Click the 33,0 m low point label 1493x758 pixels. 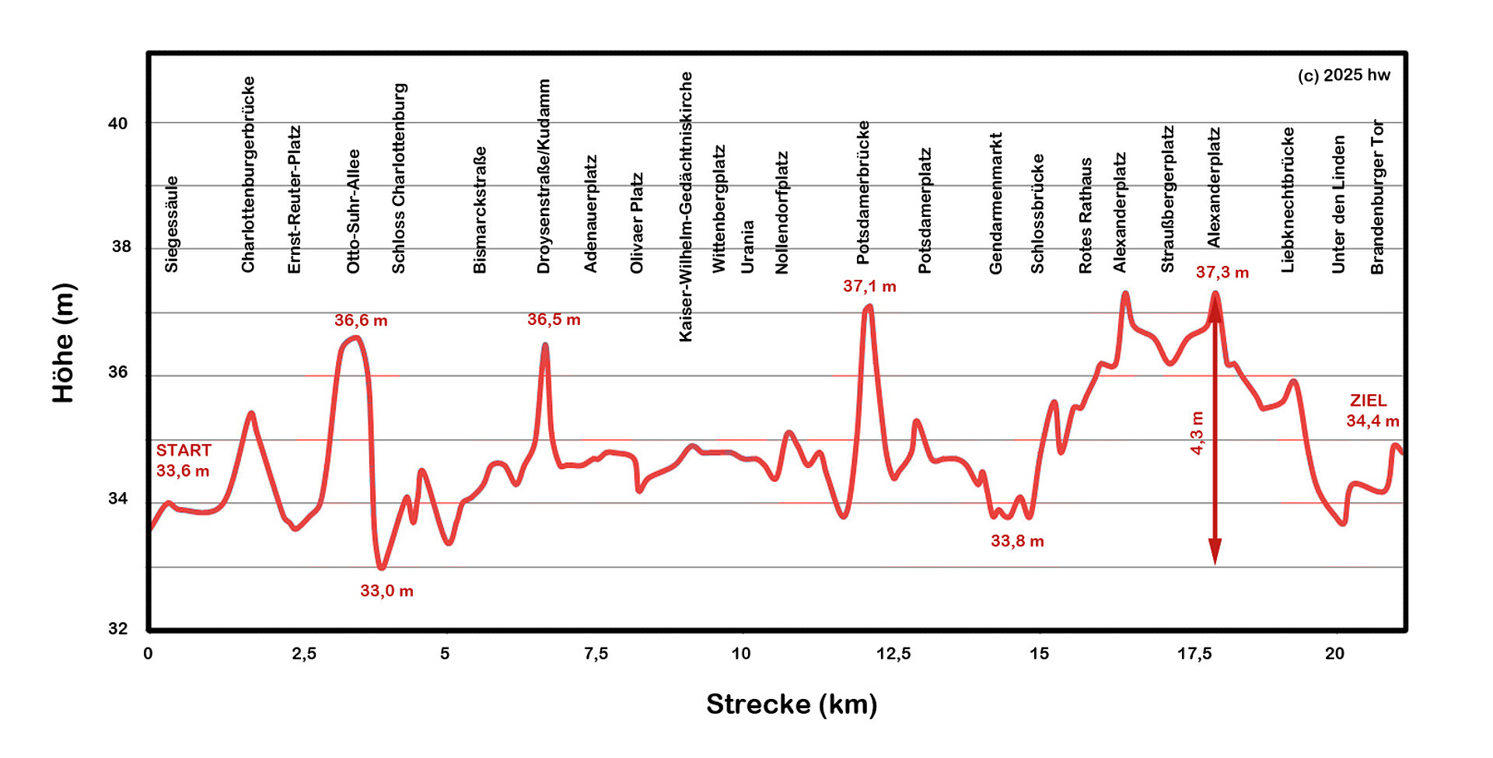(x=386, y=591)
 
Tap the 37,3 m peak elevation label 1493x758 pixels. (x=1222, y=272)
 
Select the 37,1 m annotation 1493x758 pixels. (x=869, y=286)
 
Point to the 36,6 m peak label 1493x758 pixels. (x=361, y=320)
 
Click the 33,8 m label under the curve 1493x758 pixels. (x=1017, y=541)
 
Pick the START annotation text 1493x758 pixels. (x=184, y=450)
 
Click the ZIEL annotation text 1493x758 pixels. (x=1368, y=400)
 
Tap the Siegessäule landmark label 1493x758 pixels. (x=171, y=224)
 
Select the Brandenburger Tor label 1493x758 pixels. (x=1377, y=196)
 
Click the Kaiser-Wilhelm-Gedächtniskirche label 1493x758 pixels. (x=685, y=206)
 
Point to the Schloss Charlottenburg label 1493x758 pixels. (x=398, y=178)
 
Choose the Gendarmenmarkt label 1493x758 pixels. (x=995, y=203)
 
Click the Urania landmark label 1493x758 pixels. (x=747, y=246)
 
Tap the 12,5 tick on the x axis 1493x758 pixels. (x=893, y=654)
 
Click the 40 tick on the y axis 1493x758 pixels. (x=118, y=124)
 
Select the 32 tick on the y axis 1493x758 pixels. (x=118, y=628)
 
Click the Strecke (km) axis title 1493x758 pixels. (x=792, y=704)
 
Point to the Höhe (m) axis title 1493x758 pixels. (x=64, y=343)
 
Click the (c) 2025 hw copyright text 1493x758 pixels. (x=1344, y=75)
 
